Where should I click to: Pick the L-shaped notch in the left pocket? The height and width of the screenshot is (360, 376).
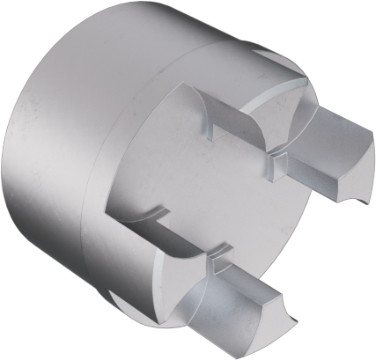click(156, 214)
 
